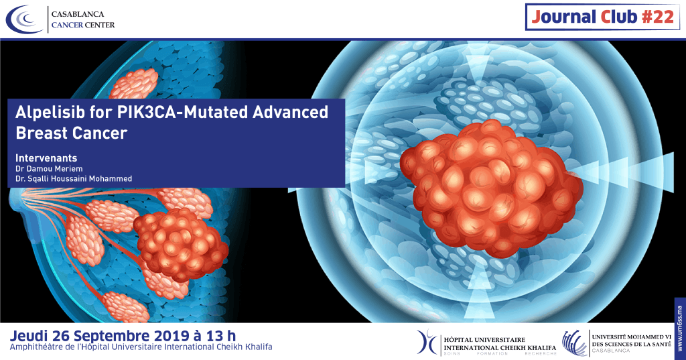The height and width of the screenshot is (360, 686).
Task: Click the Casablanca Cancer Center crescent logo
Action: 25,19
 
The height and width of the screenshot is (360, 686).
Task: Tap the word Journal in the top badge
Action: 562,17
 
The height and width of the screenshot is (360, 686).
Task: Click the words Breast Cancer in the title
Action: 71,133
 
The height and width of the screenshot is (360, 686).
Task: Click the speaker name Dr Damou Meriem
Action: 49,169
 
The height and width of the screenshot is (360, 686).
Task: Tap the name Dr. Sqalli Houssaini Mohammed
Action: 74,180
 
